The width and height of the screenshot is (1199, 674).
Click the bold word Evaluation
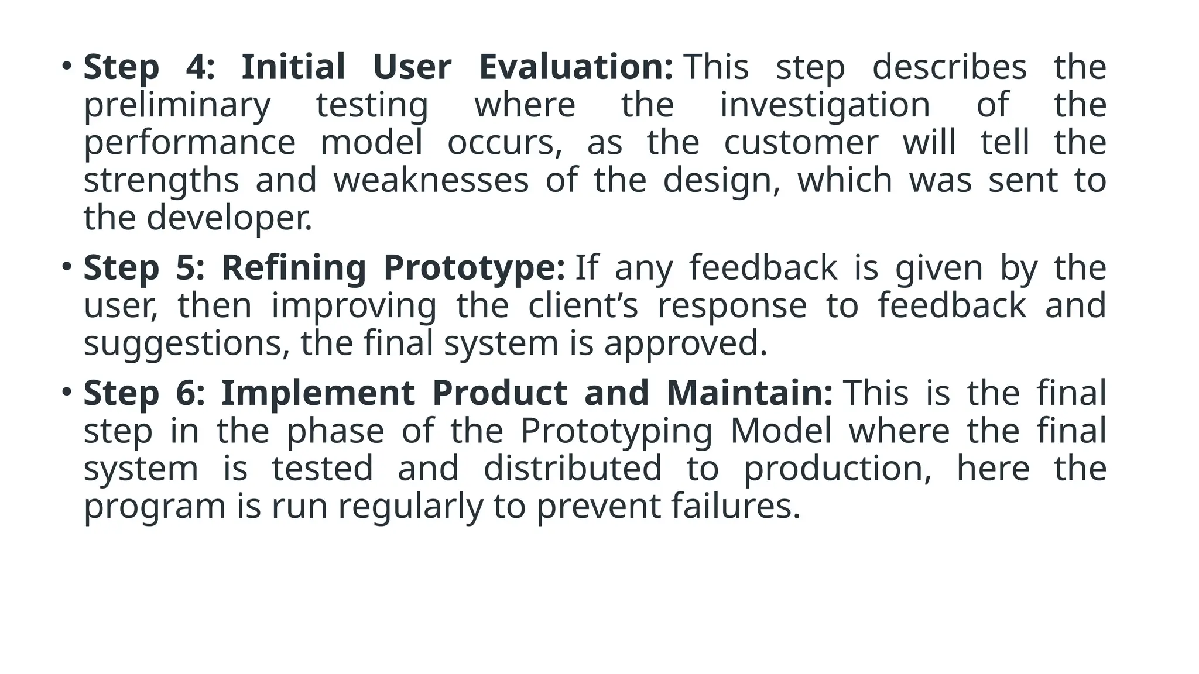coord(575,67)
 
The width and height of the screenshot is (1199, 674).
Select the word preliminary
coord(177,105)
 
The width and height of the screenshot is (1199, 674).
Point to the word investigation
coord(825,105)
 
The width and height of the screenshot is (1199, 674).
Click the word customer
coord(801,143)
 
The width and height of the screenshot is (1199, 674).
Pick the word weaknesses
coord(431,180)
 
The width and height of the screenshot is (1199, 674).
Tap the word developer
coord(229,218)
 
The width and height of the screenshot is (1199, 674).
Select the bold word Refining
coord(293,268)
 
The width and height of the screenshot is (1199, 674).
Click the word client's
coord(583,305)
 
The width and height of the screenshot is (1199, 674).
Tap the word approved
coord(685,343)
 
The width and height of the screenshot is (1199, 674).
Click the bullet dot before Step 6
coord(67,391)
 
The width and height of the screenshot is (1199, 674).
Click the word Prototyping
coord(616,431)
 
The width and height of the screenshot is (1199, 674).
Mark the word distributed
coord(573,469)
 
